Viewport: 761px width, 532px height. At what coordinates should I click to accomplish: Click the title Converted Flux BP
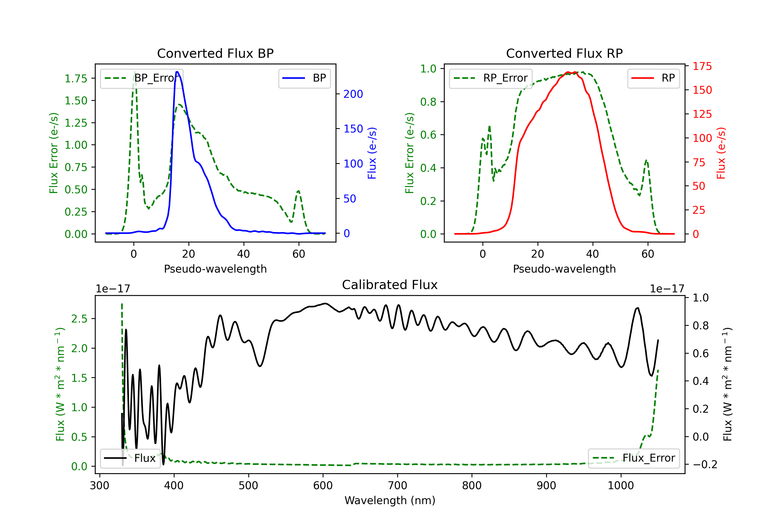pyautogui.click(x=215, y=53)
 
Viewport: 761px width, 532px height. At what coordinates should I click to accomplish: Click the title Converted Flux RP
pyautogui.click(x=564, y=53)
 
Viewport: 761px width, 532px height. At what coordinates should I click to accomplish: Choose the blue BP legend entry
pyautogui.click(x=304, y=78)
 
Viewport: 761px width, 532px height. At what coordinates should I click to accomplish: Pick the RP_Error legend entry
pyautogui.click(x=491, y=78)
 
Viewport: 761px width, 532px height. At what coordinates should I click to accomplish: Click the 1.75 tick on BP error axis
pyautogui.click(x=76, y=79)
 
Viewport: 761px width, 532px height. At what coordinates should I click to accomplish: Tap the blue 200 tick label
pyautogui.click(x=353, y=94)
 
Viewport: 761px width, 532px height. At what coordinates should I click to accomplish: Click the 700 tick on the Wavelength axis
pyautogui.click(x=397, y=486)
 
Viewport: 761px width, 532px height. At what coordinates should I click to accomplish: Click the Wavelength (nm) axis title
pyautogui.click(x=390, y=500)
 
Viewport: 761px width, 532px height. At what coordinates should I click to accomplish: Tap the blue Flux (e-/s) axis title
pyautogui.click(x=372, y=153)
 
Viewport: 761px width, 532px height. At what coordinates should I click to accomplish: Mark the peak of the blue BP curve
pyautogui.click(x=177, y=72)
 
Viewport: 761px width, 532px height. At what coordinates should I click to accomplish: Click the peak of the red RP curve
pyautogui.click(x=568, y=72)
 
